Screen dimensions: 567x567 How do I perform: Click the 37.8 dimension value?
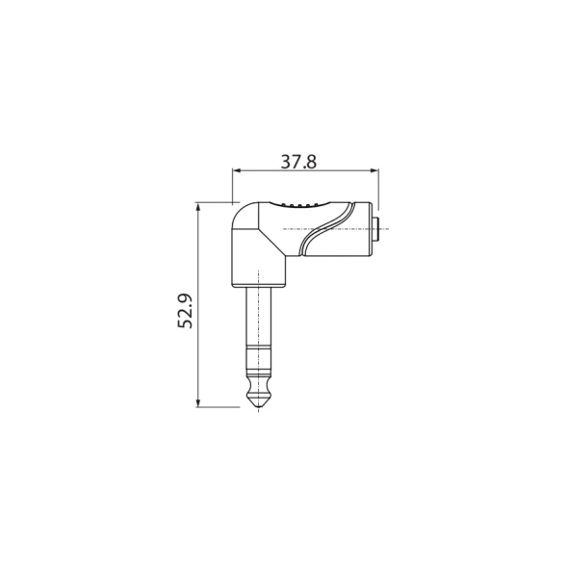pyautogui.click(x=298, y=162)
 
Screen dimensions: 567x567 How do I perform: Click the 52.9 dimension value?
pyautogui.click(x=185, y=311)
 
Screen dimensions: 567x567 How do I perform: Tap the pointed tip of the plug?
pyautogui.click(x=259, y=407)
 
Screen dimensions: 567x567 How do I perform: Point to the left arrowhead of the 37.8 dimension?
pyautogui.click(x=237, y=170)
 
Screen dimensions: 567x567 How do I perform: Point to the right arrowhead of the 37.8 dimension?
pyautogui.click(x=374, y=170)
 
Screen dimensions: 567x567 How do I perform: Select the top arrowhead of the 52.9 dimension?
pyautogui.click(x=197, y=206)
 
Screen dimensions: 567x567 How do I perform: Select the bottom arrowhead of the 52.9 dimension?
pyautogui.click(x=197, y=402)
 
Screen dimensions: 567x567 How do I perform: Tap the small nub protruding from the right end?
pyautogui.click(x=376, y=229)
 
